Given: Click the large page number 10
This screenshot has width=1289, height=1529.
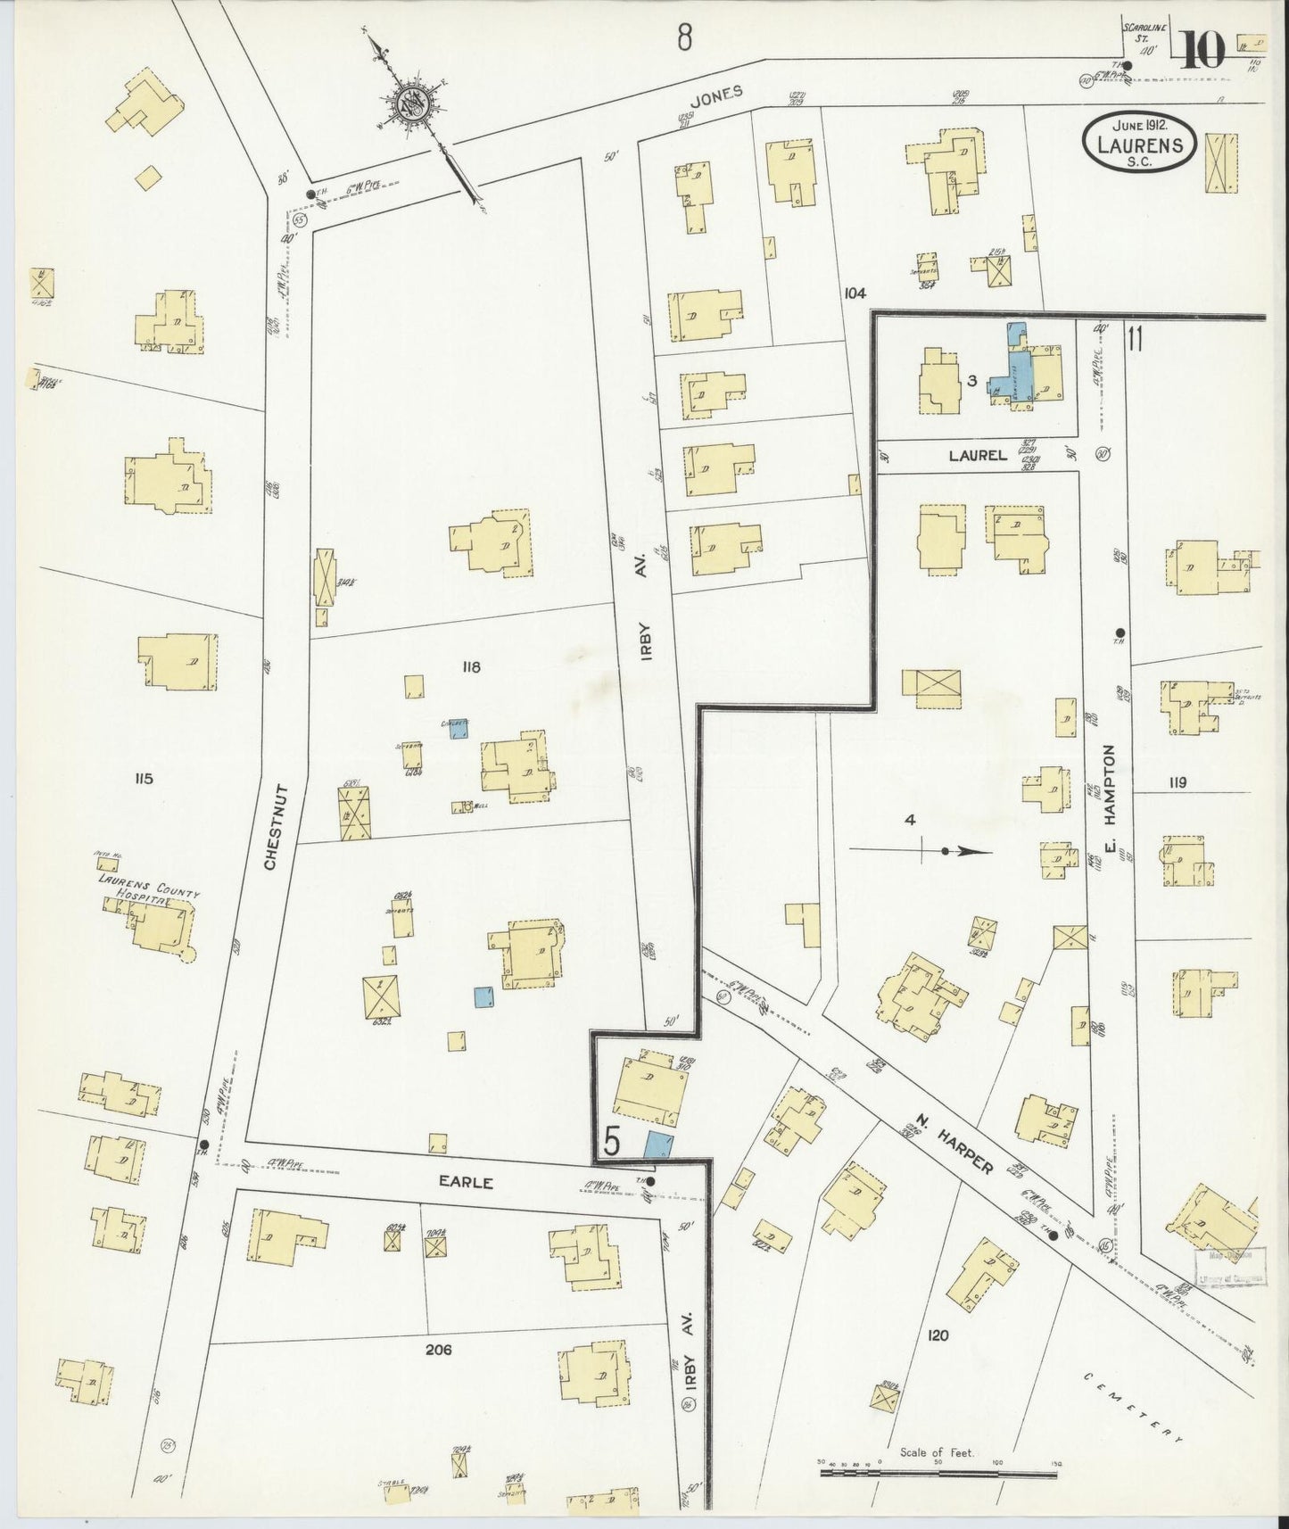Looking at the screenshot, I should [x=1203, y=51].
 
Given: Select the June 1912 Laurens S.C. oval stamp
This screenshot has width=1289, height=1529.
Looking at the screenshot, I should [x=1139, y=143].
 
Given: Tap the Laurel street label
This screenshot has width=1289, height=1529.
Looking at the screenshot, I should [x=978, y=455].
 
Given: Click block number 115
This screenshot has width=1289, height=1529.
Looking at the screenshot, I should [x=143, y=779].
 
